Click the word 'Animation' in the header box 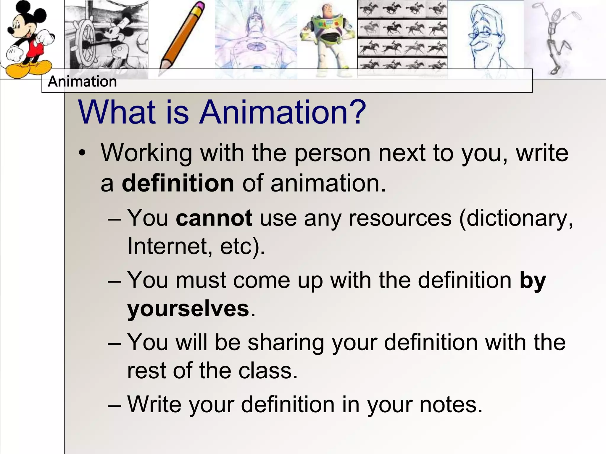(x=82, y=82)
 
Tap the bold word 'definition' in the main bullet (x=178, y=184)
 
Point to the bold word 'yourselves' (x=188, y=309)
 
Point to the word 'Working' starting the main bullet (x=146, y=153)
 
